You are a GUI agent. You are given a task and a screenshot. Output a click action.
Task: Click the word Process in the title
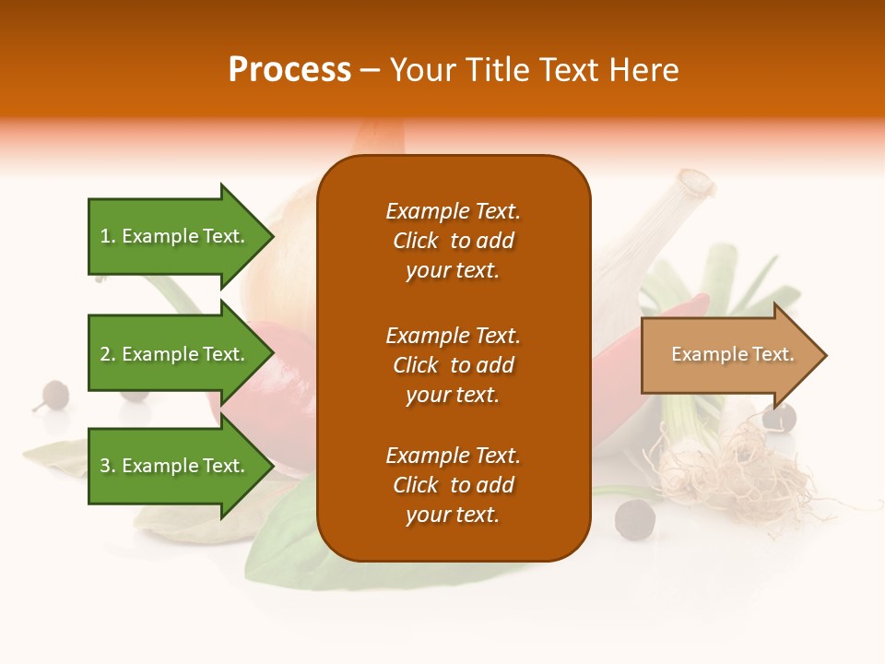(289, 70)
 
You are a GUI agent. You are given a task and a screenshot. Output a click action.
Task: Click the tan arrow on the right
(728, 354)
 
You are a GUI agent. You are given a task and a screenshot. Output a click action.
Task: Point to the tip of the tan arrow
(825, 355)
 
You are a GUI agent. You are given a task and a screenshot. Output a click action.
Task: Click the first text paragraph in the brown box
(453, 241)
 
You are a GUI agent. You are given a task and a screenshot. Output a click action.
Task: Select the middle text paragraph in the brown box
(453, 365)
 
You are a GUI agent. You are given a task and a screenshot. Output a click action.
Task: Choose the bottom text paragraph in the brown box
(453, 485)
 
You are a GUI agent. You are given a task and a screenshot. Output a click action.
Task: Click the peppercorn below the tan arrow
(779, 420)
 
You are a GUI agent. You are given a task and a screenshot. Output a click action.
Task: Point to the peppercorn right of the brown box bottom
(634, 518)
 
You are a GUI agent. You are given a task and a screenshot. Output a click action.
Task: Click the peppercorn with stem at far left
(54, 394)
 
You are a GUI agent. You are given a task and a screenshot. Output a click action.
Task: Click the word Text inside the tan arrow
(773, 354)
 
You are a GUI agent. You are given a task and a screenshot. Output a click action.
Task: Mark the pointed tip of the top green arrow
(273, 236)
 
